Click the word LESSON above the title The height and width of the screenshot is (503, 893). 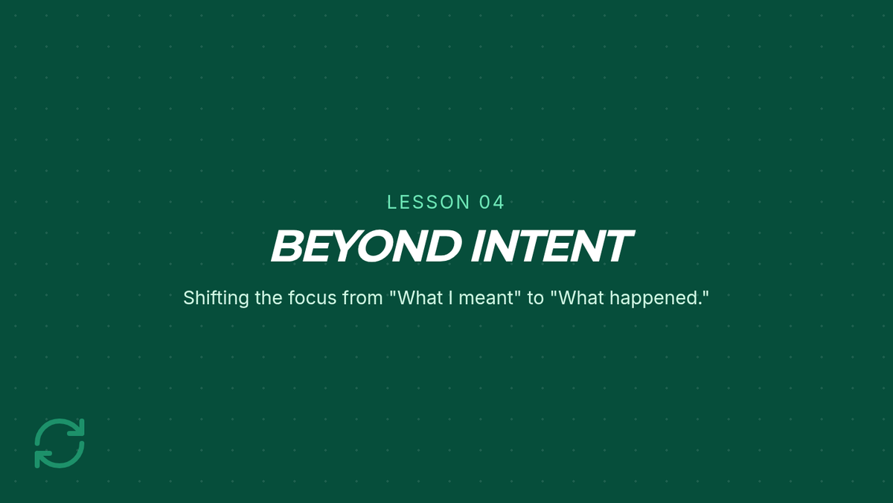pos(429,202)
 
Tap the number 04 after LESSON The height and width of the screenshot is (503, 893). pos(492,202)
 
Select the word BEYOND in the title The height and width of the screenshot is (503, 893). pos(365,246)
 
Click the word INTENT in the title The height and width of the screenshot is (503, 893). pos(552,246)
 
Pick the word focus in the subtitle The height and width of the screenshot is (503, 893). pos(312,298)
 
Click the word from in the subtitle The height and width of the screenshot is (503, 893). pos(362,298)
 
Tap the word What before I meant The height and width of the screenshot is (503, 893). pos(420,298)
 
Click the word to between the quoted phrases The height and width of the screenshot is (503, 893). pos(535,298)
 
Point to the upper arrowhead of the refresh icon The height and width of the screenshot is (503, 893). pos(79,426)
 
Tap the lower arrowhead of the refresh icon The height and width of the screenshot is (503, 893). pos(41,461)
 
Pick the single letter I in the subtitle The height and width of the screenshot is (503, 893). pos(451,298)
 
